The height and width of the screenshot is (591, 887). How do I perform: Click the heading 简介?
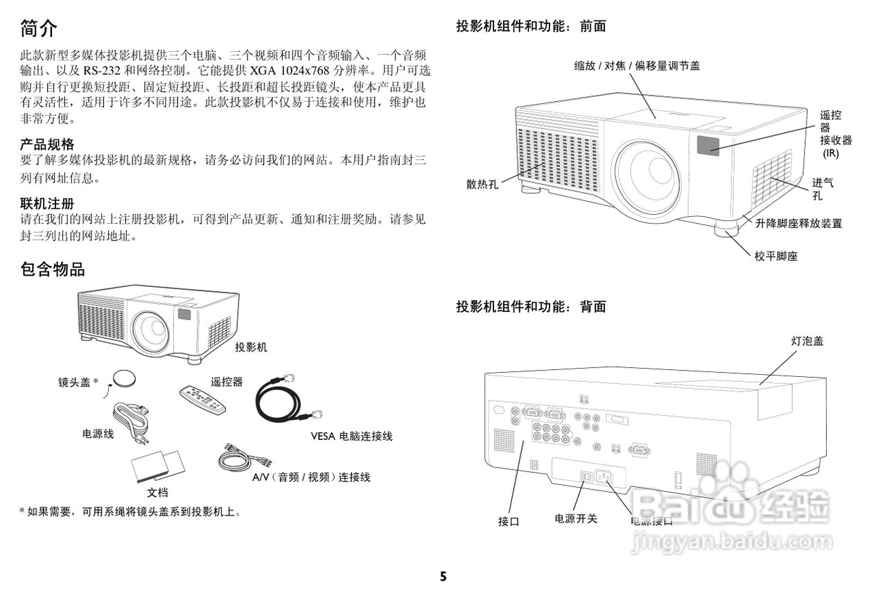click(x=39, y=28)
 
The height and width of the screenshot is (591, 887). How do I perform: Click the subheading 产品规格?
click(x=47, y=144)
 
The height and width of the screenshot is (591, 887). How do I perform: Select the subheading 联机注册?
click(x=47, y=204)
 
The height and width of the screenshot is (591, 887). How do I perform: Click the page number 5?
click(x=443, y=576)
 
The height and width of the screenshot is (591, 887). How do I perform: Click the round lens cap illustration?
click(x=125, y=378)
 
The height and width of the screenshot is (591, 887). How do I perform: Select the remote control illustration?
click(x=202, y=400)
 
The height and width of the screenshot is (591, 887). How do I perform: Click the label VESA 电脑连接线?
click(x=351, y=436)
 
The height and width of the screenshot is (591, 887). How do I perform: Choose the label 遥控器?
click(x=227, y=382)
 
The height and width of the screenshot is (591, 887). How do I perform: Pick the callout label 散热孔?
click(x=482, y=184)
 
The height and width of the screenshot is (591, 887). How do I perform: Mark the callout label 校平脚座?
click(x=776, y=256)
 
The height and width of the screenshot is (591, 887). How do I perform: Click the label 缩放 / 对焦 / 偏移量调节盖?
click(x=637, y=66)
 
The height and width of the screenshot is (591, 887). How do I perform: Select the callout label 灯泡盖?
click(x=807, y=341)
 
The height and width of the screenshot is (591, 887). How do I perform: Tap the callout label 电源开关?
click(x=576, y=518)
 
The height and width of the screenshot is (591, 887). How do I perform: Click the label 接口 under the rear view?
click(x=509, y=522)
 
